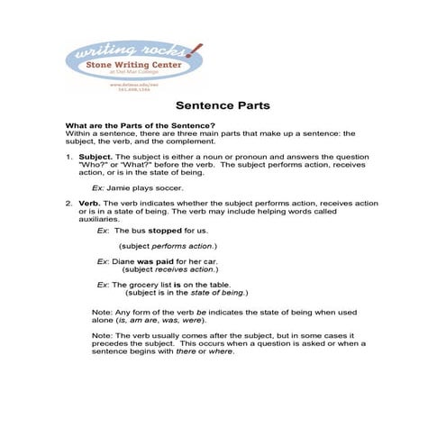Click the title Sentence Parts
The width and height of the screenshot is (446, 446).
coord(222,105)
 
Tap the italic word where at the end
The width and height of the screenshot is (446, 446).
coord(222,350)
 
